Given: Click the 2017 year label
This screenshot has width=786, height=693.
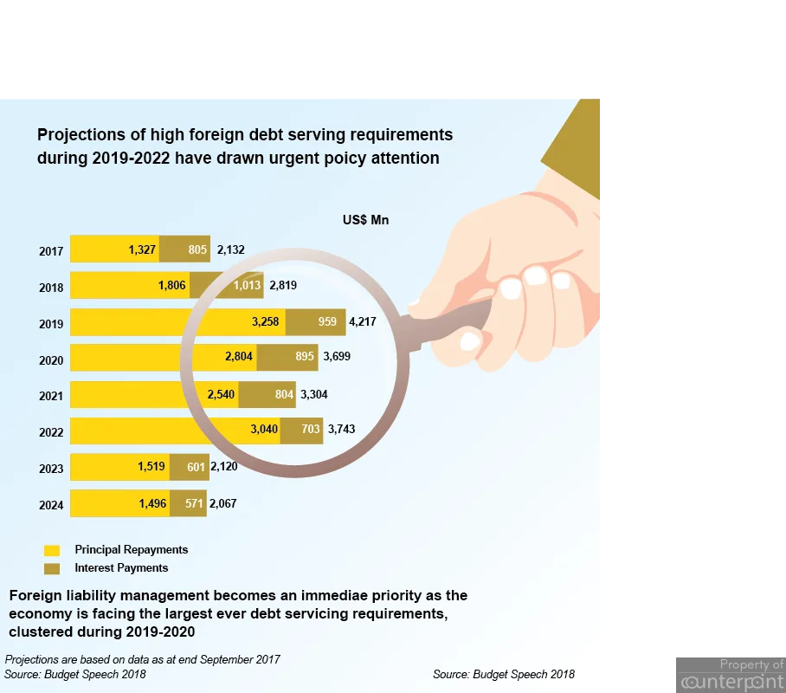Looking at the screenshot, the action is pos(51,251).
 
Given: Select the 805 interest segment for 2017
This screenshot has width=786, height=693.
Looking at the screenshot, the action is pos(185,249).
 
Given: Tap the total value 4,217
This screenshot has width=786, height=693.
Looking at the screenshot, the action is pos(363,321).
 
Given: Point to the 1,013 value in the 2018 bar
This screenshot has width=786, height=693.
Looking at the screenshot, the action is pos(247,285).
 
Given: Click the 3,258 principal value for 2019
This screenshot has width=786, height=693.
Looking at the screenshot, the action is pos(265,321).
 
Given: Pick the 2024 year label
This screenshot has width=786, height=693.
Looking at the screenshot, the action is pos(51,505).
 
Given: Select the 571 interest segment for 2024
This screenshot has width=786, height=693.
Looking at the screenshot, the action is pos(188,503).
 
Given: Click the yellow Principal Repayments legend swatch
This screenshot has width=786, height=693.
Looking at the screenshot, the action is pos(52,550).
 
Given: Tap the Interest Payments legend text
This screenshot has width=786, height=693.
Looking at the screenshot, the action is pos(121,567).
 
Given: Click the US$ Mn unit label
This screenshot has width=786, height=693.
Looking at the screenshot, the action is pos(366,220).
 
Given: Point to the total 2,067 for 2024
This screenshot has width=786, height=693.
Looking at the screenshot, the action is pos(223,503).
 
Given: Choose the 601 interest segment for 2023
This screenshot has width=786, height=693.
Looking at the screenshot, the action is pos(190,467).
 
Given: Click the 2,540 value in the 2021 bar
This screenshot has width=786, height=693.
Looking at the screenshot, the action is pos(221,394).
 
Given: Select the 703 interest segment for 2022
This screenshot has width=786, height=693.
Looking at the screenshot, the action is pos(301,431).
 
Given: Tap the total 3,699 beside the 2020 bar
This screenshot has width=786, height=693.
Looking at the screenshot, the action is pos(337,356).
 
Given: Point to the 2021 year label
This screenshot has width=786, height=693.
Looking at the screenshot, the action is pos(51,396).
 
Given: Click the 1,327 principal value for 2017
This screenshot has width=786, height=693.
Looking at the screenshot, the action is pos(142,249).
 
